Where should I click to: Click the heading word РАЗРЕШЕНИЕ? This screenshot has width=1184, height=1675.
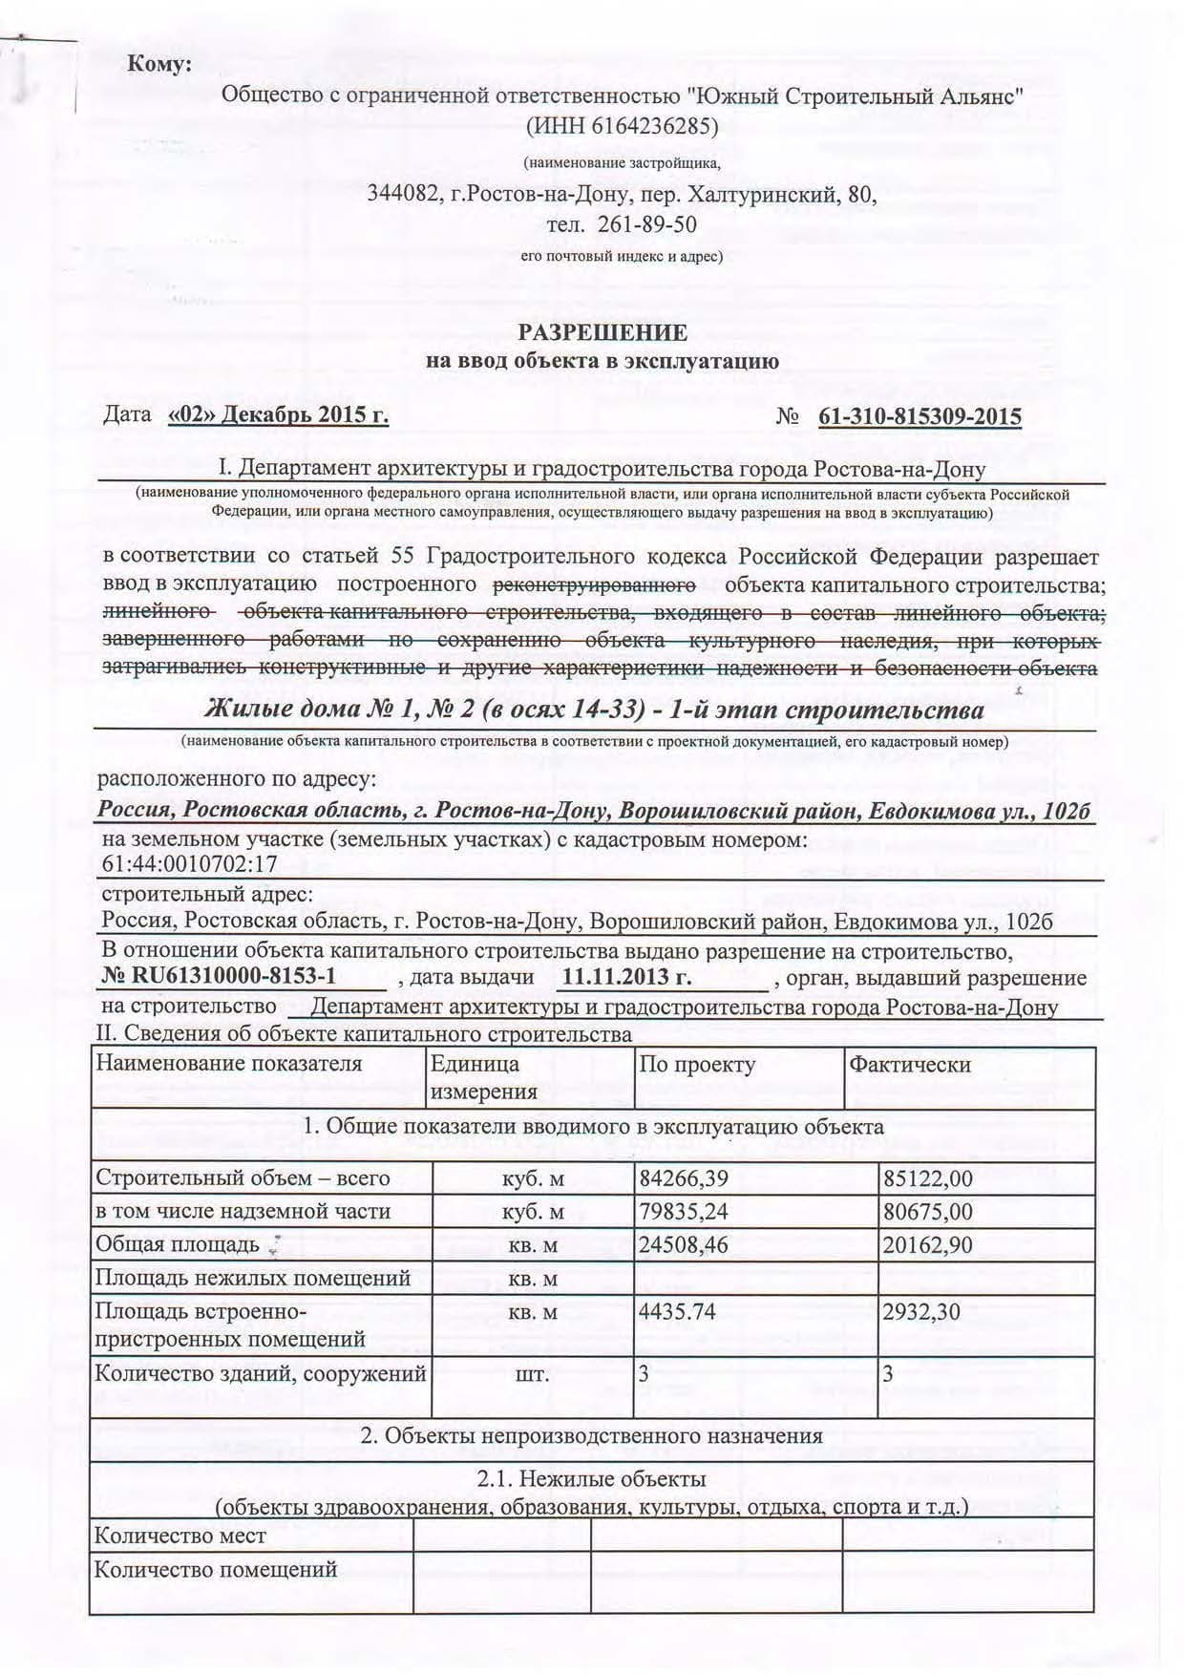click(x=602, y=332)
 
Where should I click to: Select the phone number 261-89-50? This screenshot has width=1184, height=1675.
click(x=645, y=224)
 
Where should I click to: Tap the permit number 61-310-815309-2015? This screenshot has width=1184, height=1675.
click(x=920, y=416)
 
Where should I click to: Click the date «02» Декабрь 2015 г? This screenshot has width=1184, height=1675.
click(x=277, y=415)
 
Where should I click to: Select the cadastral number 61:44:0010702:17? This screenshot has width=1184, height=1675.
click(x=188, y=865)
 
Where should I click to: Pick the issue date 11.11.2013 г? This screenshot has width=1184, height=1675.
click(x=626, y=977)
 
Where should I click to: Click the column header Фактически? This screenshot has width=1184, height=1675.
click(x=910, y=1064)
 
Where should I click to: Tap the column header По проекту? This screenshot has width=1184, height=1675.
click(x=697, y=1064)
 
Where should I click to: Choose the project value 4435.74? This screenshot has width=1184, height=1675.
click(x=678, y=1311)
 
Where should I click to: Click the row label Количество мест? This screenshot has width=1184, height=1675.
click(x=180, y=1536)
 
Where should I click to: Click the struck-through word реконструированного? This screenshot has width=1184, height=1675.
click(x=593, y=583)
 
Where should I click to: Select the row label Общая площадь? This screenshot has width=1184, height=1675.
click(x=178, y=1245)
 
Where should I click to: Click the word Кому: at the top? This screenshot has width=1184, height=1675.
click(x=159, y=65)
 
